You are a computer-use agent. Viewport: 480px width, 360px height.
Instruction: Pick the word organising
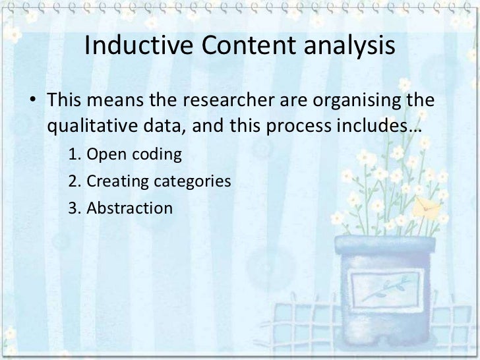tap(348, 102)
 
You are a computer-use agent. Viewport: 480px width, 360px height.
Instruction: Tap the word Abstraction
tap(129, 208)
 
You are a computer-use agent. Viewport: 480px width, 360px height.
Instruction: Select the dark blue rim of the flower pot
tap(385, 245)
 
